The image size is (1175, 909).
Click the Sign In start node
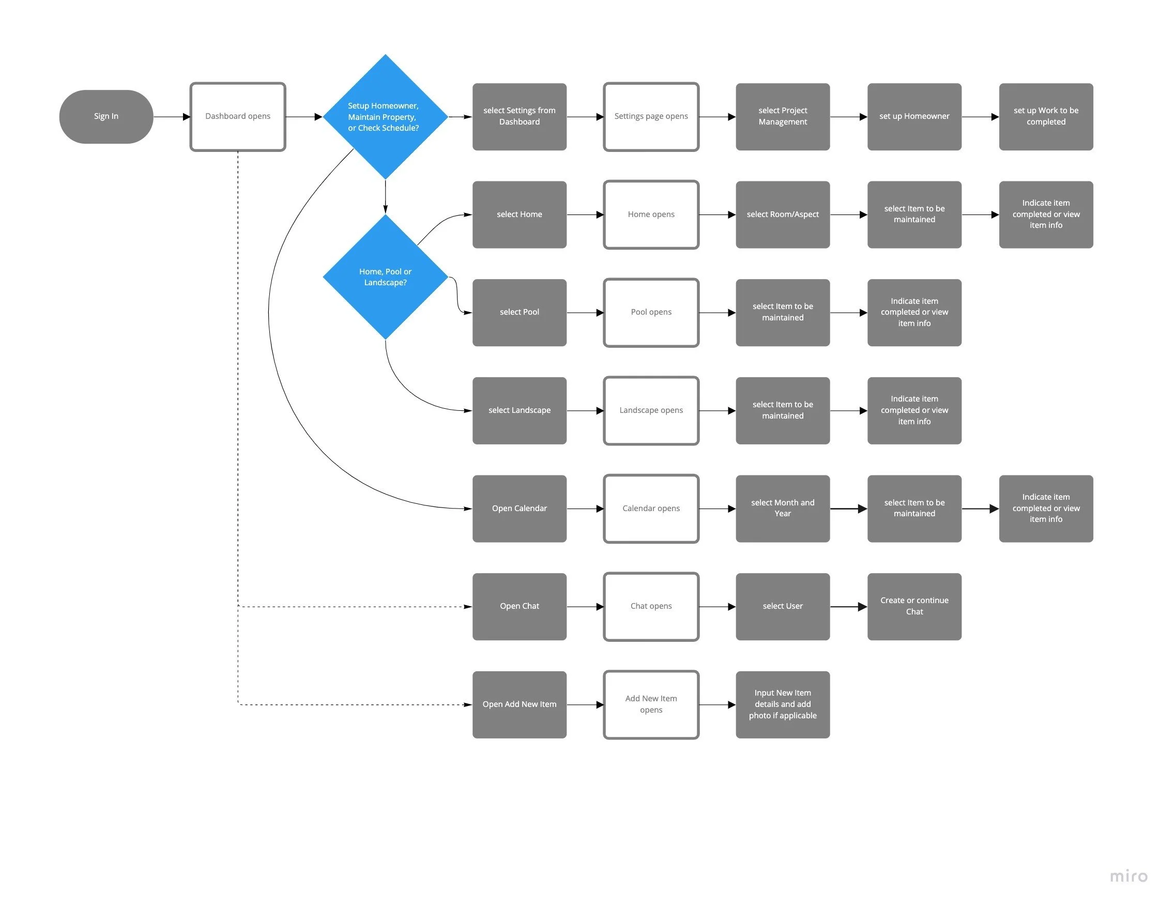[x=106, y=116]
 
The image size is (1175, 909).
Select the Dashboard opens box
[x=237, y=116]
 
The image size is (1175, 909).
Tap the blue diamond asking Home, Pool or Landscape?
[x=385, y=277]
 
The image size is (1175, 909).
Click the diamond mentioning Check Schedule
[x=385, y=117]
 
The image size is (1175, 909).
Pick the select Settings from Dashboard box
[x=519, y=116]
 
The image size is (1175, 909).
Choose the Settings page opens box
[x=651, y=116]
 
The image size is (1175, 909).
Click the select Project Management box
[x=782, y=116]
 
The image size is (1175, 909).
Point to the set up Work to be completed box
[x=1045, y=116]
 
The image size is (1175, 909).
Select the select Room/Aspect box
[x=782, y=214]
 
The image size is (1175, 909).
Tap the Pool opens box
[x=651, y=312]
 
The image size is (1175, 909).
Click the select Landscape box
[x=519, y=410]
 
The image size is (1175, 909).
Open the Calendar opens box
[x=651, y=509]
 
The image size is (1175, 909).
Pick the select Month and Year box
[x=782, y=509]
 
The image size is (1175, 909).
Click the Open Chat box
[x=519, y=606]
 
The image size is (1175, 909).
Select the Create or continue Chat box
[x=914, y=606]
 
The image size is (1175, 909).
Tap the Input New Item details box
[x=782, y=704]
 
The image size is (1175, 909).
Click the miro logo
[x=1128, y=876]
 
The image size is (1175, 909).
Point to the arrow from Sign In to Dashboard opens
[x=172, y=117]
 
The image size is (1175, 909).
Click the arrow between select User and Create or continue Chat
[x=848, y=607]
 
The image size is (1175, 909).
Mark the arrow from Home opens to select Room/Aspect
[x=717, y=214]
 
